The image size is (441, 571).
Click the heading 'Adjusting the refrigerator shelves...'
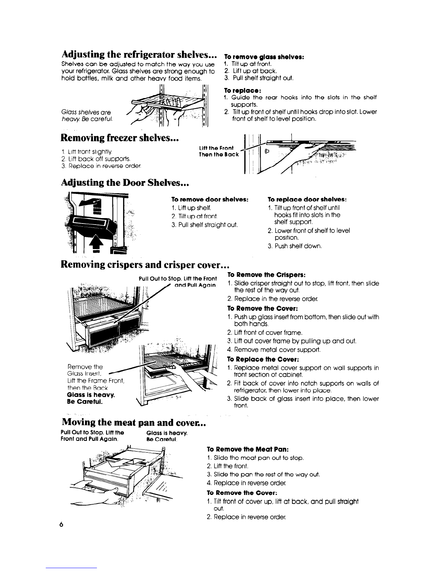pos(139,55)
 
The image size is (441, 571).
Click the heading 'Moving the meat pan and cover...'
pos(134,422)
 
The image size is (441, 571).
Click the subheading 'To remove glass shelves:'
pos(264,57)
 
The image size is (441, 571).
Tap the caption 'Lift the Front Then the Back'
pos(218,151)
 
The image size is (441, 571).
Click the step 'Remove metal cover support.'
pos(274,350)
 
